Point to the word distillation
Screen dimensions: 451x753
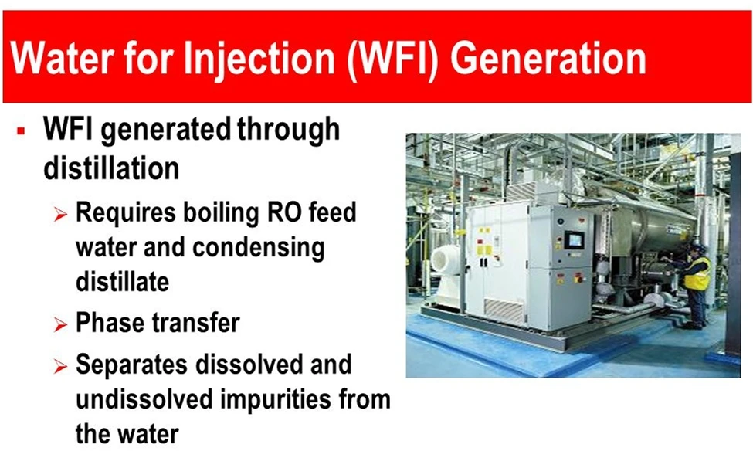[111, 168]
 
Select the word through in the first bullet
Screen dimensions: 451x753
[288, 130]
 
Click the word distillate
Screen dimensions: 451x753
[122, 282]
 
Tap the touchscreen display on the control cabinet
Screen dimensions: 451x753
[574, 240]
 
